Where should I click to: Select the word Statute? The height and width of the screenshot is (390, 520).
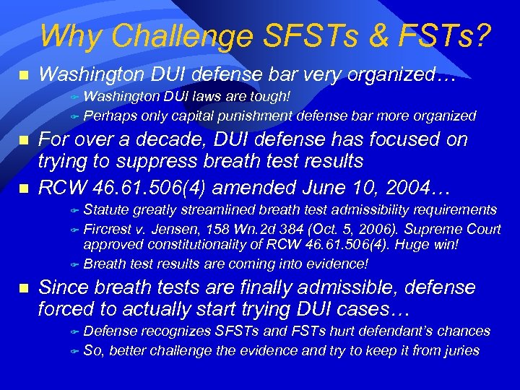(x=106, y=209)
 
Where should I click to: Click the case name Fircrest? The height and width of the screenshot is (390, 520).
(x=107, y=229)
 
